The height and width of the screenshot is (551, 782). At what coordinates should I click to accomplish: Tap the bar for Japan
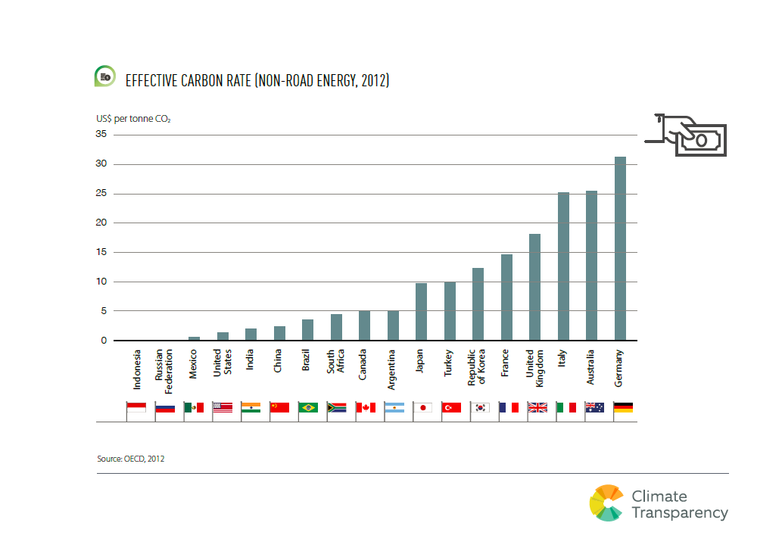coord(421,312)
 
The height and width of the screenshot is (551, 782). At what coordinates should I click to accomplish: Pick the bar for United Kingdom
coord(534,288)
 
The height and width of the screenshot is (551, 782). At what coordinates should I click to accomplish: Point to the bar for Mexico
coord(194,338)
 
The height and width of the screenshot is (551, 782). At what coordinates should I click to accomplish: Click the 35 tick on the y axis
coord(100,135)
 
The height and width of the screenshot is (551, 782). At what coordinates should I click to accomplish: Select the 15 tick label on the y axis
coord(100,252)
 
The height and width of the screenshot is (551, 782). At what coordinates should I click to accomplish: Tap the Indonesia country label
coord(137,369)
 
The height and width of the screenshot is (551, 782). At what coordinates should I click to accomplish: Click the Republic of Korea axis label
coord(477,367)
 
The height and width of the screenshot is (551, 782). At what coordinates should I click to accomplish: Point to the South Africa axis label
coord(335,363)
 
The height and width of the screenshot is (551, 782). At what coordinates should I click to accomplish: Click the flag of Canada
coord(366,407)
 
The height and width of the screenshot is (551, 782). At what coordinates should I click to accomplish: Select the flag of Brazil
coord(308,407)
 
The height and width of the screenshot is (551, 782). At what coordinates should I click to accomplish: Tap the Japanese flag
coord(423,407)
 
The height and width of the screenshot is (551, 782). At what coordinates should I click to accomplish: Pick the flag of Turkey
coord(451,407)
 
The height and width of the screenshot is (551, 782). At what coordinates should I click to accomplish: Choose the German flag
coord(623,407)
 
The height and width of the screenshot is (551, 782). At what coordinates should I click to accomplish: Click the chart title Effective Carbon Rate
coord(257,79)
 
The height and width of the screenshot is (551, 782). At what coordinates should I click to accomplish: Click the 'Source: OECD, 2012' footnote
coord(131,459)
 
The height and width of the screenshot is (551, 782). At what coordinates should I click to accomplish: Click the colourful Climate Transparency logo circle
coord(606,503)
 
